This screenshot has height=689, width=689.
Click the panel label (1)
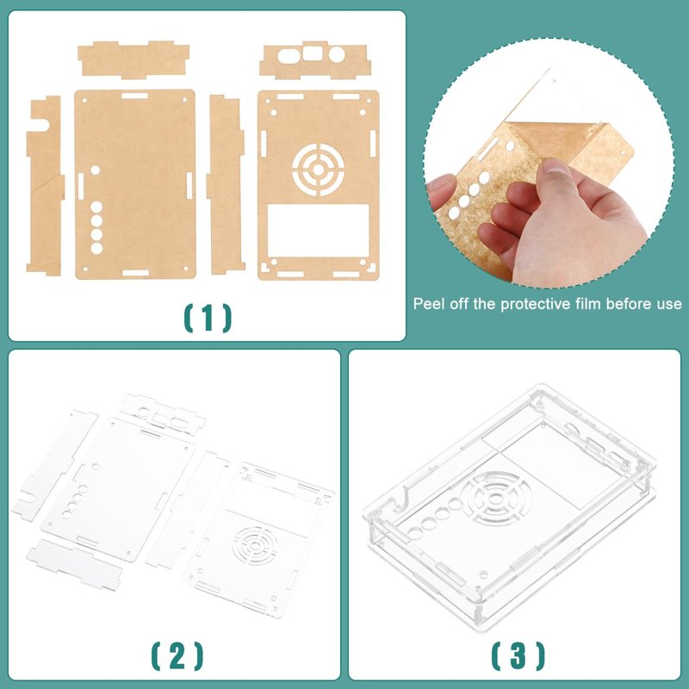(207, 318)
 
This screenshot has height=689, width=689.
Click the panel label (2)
(177, 656)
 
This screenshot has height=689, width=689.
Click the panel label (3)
(518, 656)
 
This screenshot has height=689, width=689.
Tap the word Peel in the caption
(427, 304)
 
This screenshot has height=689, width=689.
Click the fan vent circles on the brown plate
(318, 169)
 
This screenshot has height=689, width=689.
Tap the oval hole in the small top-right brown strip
(289, 56)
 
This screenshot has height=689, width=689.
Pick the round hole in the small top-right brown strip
(337, 54)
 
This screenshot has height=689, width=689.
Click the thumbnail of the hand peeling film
(548, 164)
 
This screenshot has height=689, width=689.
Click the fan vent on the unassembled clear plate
(256, 545)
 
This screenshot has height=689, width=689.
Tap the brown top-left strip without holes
(133, 59)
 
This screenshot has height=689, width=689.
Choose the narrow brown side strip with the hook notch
(45, 185)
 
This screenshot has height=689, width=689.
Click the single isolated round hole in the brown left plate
(95, 170)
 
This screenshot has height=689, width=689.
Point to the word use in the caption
(670, 304)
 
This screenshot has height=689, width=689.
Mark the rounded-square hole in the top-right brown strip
(313, 53)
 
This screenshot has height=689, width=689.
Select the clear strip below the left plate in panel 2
(74, 565)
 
